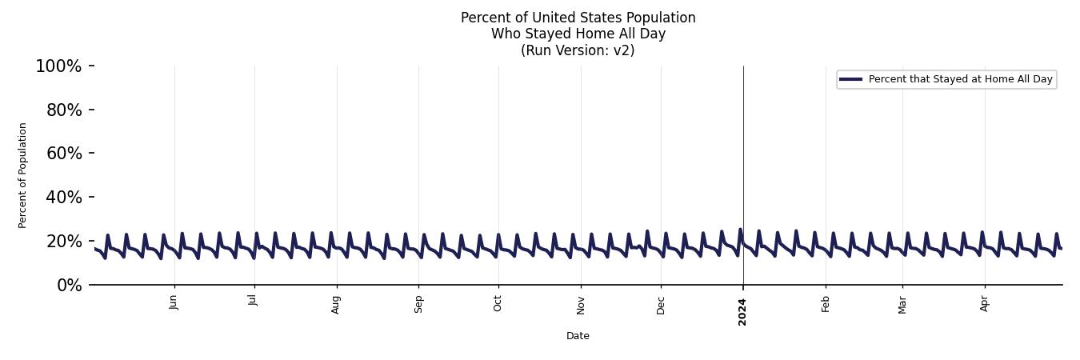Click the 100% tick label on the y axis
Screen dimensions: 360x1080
tap(58, 66)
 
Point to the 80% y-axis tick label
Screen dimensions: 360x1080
tap(64, 110)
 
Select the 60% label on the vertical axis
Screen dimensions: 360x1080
tap(64, 154)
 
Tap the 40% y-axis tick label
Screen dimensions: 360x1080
tap(64, 198)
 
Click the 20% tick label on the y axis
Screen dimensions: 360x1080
tap(64, 242)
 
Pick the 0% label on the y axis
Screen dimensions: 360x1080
tap(69, 286)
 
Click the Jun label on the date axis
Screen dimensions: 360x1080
tap(174, 302)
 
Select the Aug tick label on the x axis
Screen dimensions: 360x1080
tap(336, 304)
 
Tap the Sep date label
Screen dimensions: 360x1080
tap(418, 304)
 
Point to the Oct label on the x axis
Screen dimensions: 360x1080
tap(498, 303)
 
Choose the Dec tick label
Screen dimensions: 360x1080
tap(661, 304)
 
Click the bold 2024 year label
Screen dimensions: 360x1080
tap(742, 311)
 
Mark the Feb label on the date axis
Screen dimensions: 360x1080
tap(826, 303)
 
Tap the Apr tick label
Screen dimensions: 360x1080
tap(985, 303)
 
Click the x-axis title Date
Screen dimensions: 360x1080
tap(578, 336)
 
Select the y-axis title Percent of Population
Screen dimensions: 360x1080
tap(23, 175)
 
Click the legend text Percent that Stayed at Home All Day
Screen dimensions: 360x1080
tap(960, 79)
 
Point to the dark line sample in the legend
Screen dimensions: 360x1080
tap(850, 79)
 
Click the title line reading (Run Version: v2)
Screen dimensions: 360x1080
tap(578, 50)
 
